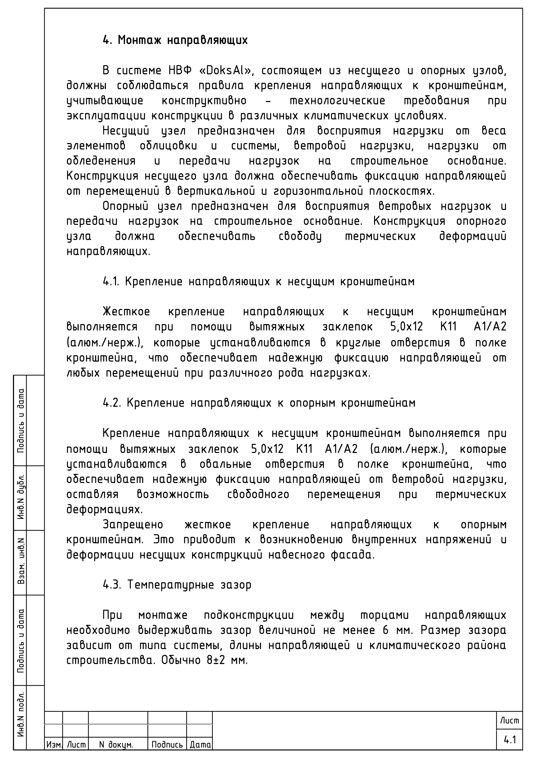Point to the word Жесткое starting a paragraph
[x=126, y=312]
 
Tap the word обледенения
[x=101, y=161]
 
